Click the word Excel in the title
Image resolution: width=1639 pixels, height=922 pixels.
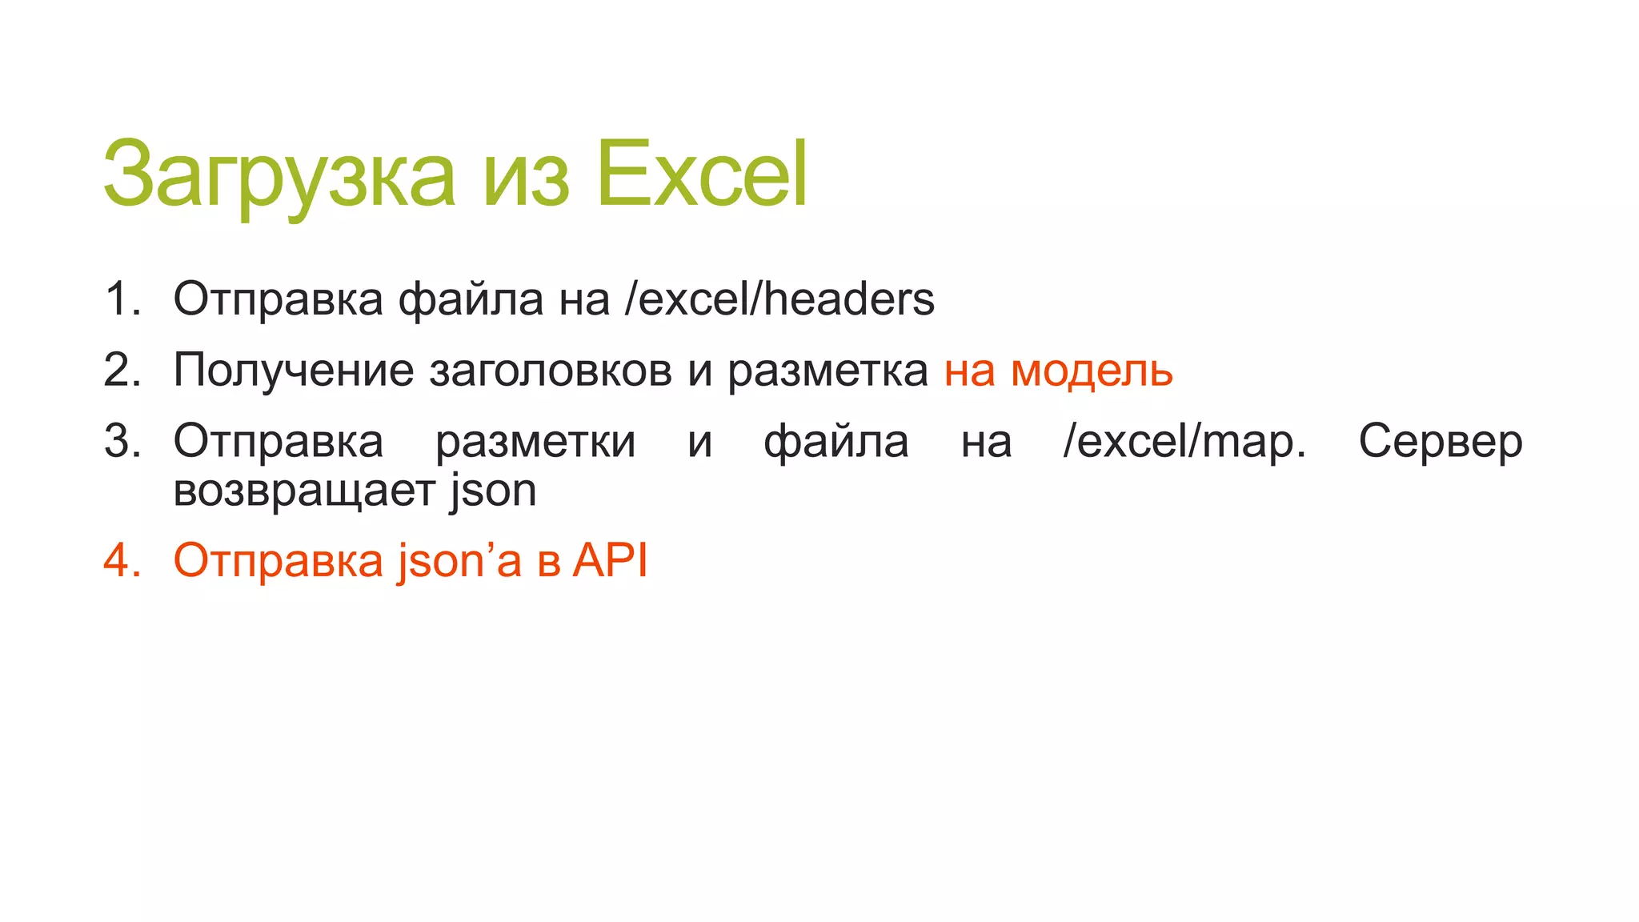pos(702,174)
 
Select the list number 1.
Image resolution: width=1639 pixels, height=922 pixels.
pos(122,299)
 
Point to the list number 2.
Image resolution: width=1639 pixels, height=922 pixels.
pos(122,371)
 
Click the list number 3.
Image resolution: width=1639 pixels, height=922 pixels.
pos(122,441)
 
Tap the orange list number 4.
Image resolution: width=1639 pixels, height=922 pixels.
pos(122,560)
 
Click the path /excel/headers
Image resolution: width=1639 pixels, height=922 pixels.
pos(779,299)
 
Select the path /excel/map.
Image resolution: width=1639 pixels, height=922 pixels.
pos(1184,441)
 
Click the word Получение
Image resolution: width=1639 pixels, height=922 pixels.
pos(294,371)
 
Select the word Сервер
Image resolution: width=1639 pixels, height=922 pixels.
pos(1440,441)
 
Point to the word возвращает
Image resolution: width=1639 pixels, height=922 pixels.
pos(304,491)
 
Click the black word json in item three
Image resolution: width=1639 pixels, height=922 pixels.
pos(492,491)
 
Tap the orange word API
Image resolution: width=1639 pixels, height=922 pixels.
pos(610,560)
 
